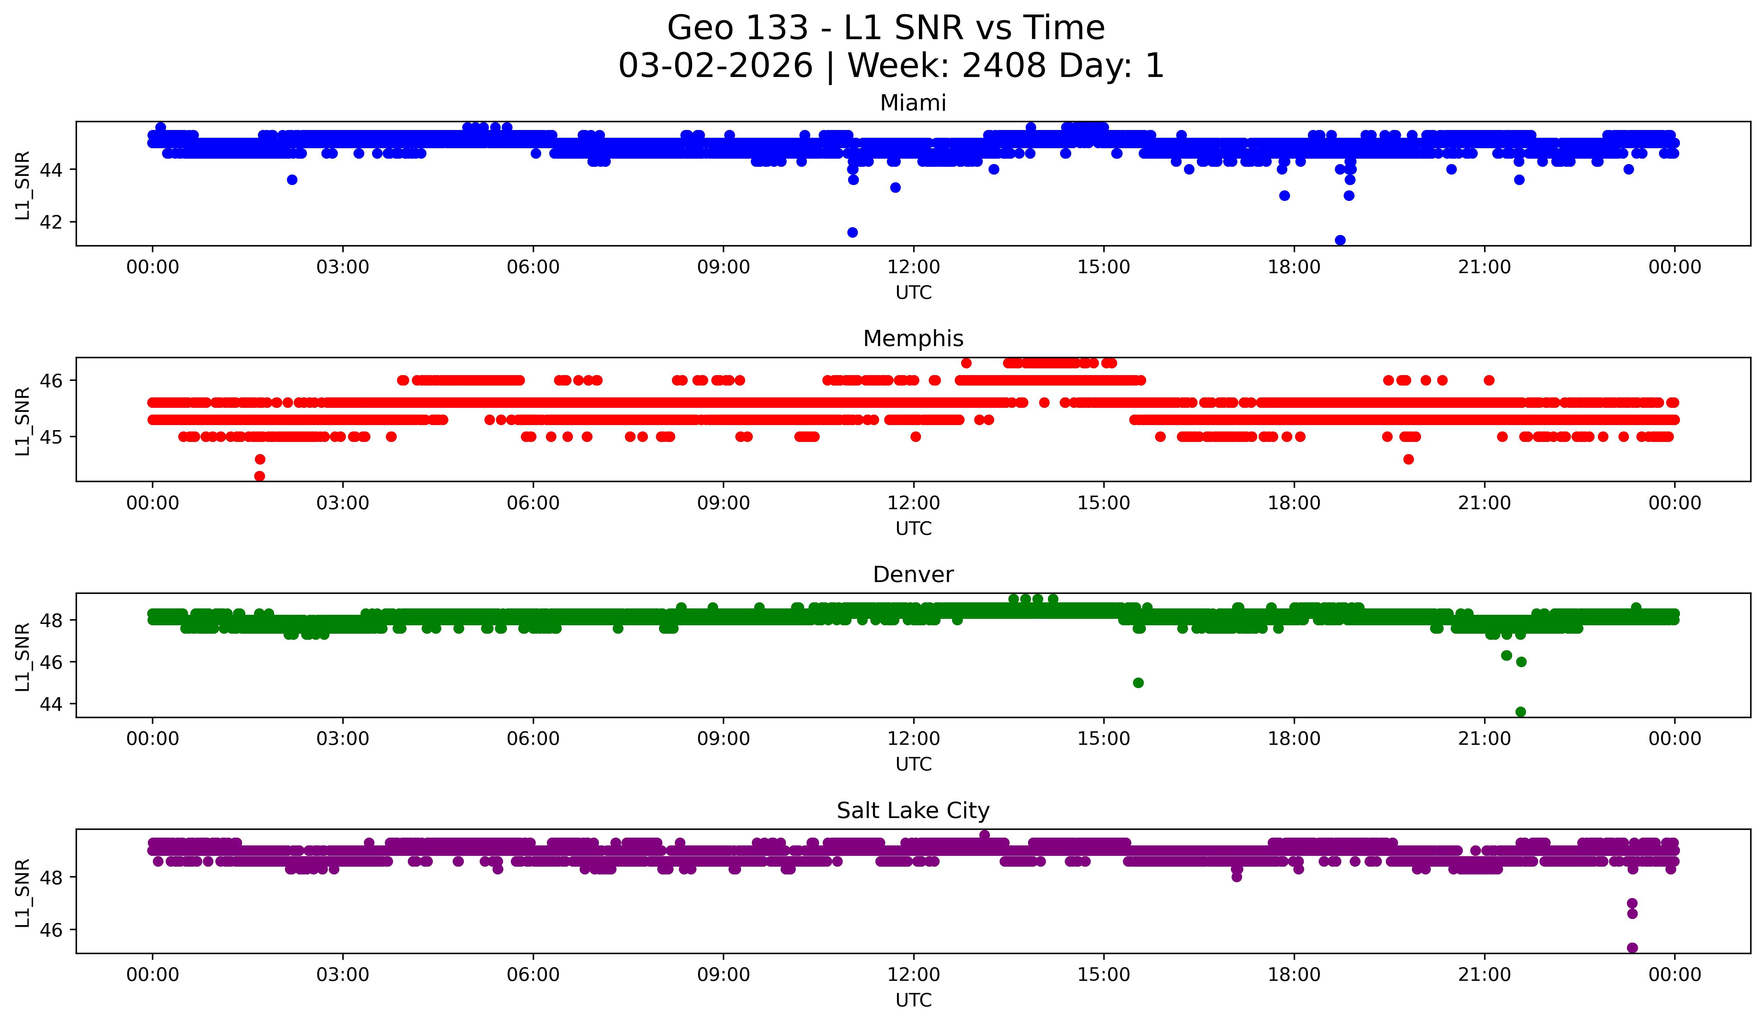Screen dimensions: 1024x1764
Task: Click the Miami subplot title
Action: (x=913, y=103)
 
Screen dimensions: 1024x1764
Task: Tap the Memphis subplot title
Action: (x=913, y=339)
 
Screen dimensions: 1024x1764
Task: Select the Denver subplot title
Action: (x=913, y=575)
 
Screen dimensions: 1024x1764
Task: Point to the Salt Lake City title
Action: (x=913, y=811)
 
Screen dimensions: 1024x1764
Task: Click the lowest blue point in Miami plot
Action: (x=1340, y=240)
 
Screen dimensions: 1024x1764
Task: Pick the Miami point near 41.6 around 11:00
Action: (x=852, y=232)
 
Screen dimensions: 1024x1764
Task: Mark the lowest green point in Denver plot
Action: (x=1520, y=712)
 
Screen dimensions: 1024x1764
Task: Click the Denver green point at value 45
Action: (x=1138, y=682)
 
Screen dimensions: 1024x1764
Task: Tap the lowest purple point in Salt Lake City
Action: (x=1632, y=948)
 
